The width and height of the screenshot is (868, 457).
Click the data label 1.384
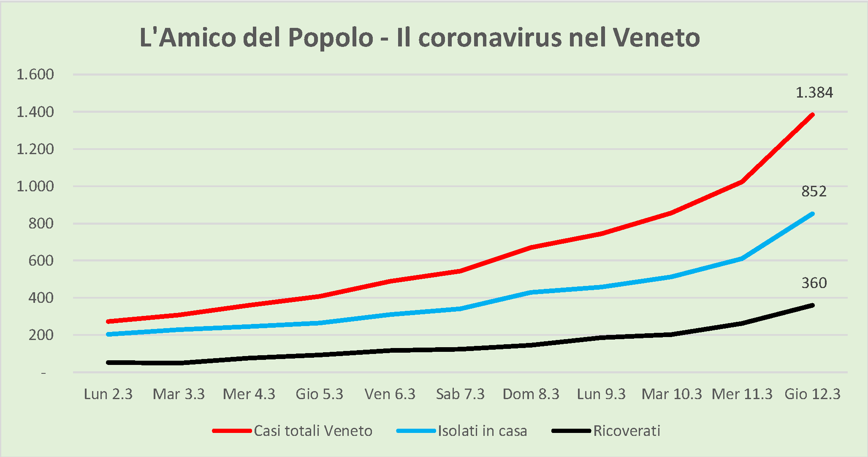[814, 92]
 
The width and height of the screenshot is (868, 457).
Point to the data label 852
[814, 191]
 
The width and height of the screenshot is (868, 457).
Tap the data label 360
[814, 283]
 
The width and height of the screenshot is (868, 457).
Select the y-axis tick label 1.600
[35, 74]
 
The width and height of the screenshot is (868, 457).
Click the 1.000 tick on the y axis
[35, 186]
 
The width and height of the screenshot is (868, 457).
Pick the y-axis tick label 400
[41, 298]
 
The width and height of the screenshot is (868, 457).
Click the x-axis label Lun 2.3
[108, 394]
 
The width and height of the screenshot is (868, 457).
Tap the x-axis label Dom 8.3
[531, 394]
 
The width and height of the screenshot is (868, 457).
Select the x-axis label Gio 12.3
[812, 394]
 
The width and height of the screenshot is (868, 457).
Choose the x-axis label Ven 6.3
[390, 394]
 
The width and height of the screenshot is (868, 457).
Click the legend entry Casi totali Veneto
[313, 431]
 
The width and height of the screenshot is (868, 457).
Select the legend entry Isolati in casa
[482, 431]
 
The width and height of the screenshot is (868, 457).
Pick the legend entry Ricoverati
[627, 431]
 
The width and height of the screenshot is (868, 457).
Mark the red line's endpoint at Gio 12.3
[812, 114]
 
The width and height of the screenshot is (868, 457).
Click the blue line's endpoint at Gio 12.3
[812, 214]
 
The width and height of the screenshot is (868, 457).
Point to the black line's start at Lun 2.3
[108, 362]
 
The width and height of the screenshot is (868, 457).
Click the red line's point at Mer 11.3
[742, 182]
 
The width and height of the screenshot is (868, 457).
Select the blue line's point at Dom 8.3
[531, 292]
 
